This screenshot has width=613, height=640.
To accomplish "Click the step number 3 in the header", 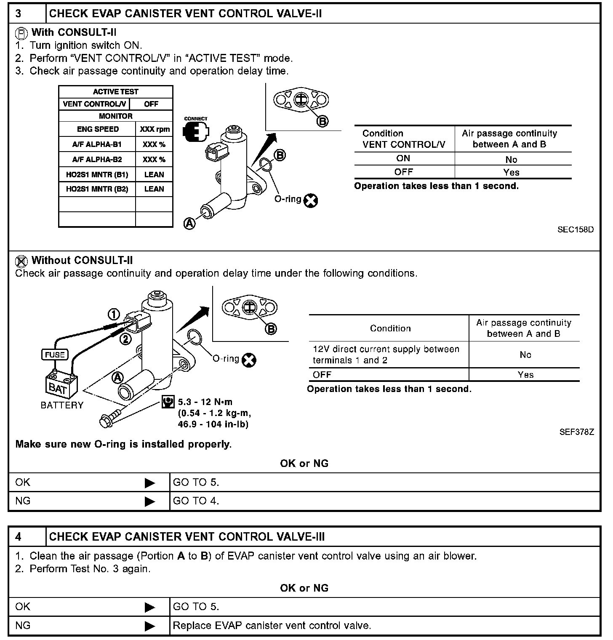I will click(19, 13).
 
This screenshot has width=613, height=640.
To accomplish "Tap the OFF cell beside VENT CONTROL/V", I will click(151, 104).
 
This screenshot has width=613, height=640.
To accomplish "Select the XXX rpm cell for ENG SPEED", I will click(155, 129).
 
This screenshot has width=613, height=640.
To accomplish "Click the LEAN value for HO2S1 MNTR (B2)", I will click(154, 189).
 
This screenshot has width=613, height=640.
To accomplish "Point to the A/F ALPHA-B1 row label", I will click(97, 144).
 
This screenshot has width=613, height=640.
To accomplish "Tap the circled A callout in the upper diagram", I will click(190, 224).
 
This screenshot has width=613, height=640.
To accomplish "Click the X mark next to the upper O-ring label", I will click(311, 201).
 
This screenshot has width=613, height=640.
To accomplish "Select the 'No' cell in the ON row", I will click(511, 160).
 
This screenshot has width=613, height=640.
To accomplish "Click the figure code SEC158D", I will click(576, 229).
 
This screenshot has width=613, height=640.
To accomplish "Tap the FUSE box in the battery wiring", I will click(55, 355).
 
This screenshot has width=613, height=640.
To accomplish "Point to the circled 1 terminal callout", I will click(114, 314).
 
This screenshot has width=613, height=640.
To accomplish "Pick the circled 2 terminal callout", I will click(125, 339).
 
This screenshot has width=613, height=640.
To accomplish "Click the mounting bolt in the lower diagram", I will click(110, 417).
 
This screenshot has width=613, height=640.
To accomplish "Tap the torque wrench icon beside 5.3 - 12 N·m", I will click(168, 402).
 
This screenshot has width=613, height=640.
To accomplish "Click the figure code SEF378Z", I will click(576, 432).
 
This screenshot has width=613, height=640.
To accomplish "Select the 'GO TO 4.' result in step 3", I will click(196, 501).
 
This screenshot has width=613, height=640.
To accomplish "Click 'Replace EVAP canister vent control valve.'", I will click(272, 625).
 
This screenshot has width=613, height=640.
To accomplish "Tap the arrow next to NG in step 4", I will click(150, 626).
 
